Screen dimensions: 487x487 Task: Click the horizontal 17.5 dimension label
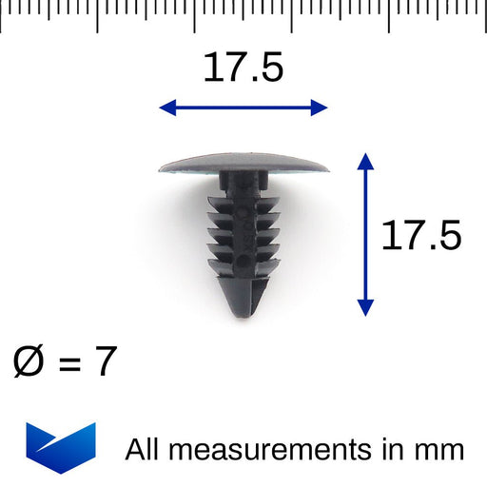click(x=243, y=68)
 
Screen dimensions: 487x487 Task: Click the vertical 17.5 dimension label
click(x=420, y=235)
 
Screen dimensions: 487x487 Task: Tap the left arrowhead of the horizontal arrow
click(x=166, y=107)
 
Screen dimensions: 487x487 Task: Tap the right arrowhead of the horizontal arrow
click(x=321, y=107)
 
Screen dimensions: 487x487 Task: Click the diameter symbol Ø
click(x=32, y=362)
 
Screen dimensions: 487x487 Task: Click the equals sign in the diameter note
click(x=68, y=363)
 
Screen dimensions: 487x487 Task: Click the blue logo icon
click(x=61, y=446)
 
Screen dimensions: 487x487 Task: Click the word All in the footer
click(x=144, y=449)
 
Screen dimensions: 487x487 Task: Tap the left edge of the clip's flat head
click(x=161, y=168)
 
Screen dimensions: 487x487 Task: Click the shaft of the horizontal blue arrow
click(x=243, y=107)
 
